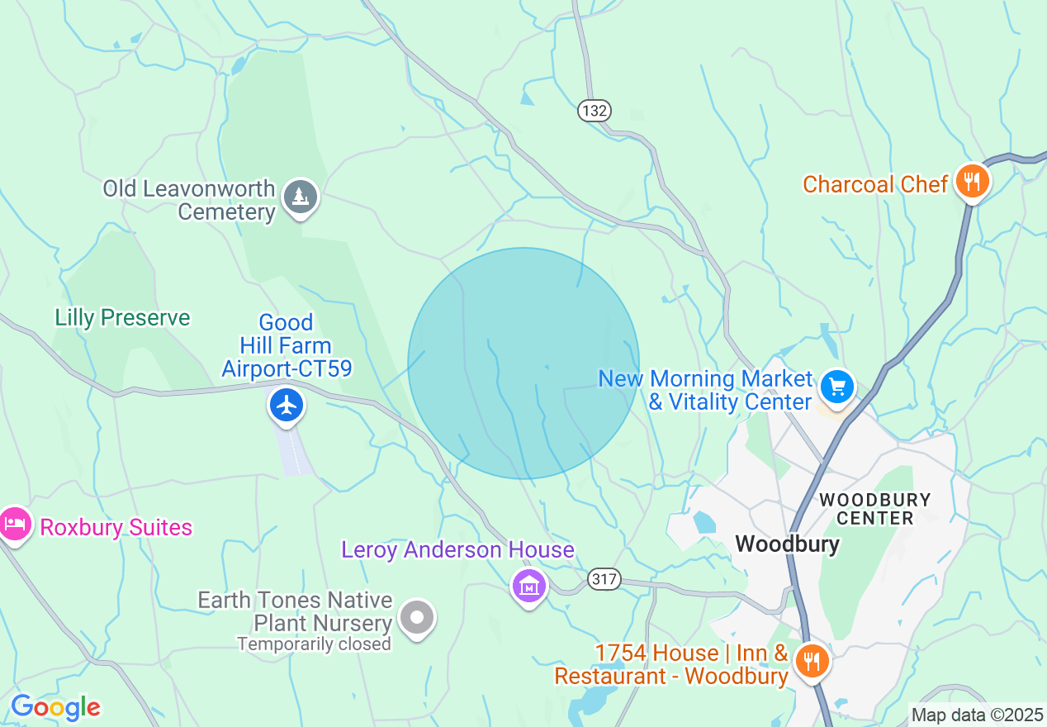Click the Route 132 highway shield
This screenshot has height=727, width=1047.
click(x=595, y=111)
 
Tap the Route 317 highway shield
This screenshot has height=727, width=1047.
click(x=604, y=579)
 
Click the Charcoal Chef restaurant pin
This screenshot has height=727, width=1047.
click(x=972, y=181)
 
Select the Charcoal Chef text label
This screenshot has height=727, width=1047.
click(x=874, y=184)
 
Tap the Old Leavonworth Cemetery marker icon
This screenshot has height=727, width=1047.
click(x=301, y=197)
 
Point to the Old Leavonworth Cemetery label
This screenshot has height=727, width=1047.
click(x=189, y=200)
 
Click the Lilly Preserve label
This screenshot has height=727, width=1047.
click(x=122, y=318)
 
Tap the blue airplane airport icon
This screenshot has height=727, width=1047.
click(x=287, y=406)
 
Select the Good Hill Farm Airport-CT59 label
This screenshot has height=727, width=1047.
click(x=287, y=345)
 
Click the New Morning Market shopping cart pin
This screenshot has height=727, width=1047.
click(x=837, y=387)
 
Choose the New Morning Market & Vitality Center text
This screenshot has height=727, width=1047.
click(x=706, y=391)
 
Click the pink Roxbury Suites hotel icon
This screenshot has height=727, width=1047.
click(x=15, y=524)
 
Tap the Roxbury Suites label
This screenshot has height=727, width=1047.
click(x=116, y=528)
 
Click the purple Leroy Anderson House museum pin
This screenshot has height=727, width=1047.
click(x=529, y=586)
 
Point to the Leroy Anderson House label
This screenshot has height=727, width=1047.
click(x=457, y=550)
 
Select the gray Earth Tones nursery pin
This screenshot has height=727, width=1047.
click(x=417, y=617)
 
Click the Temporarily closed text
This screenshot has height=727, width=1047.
click(x=314, y=644)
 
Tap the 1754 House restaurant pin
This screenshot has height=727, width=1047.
click(x=812, y=661)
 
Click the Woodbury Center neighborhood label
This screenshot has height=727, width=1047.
click(x=874, y=509)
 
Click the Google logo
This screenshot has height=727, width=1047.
click(x=55, y=707)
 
